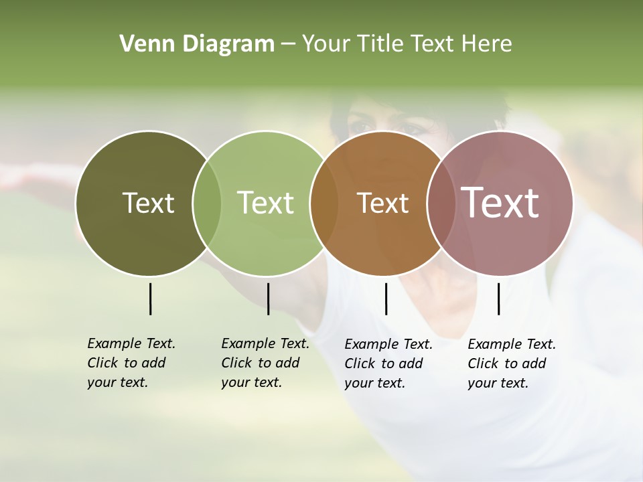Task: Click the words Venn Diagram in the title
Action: pyautogui.click(x=197, y=44)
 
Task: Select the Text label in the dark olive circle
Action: pyautogui.click(x=148, y=203)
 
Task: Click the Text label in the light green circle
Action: pyautogui.click(x=265, y=203)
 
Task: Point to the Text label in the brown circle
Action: pyautogui.click(x=382, y=203)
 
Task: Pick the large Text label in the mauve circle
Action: pyautogui.click(x=500, y=203)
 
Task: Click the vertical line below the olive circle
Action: pyautogui.click(x=150, y=299)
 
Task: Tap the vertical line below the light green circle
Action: pyautogui.click(x=268, y=299)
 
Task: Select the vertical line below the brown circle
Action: pyautogui.click(x=386, y=299)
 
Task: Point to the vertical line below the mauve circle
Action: pyautogui.click(x=498, y=299)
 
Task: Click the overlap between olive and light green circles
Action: pyautogui.click(x=207, y=203)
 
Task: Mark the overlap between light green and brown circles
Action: pyautogui.click(x=324, y=203)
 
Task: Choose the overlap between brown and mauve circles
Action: pyautogui.click(x=439, y=203)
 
